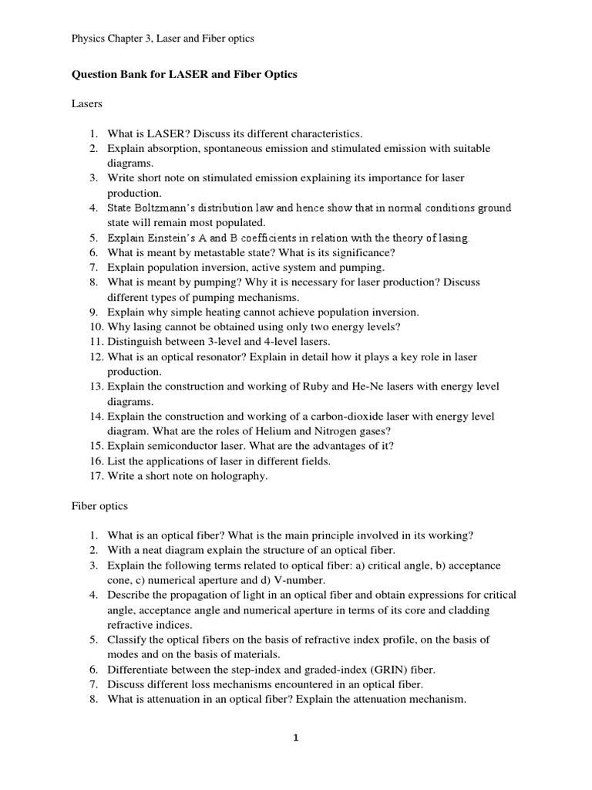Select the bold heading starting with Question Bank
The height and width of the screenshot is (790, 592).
pos(183,75)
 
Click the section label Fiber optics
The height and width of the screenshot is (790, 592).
pos(99,506)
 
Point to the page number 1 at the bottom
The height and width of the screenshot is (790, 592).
pos(295,738)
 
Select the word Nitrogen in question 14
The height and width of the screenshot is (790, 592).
pos(311,431)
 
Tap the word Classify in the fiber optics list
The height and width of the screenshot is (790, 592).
pos(126,640)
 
